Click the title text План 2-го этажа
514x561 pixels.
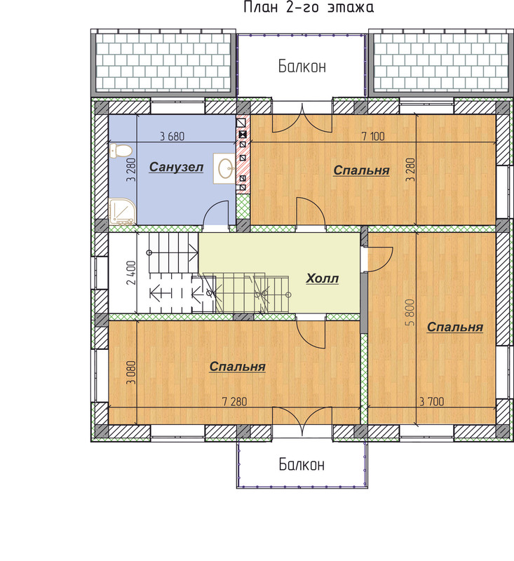coord(309,7)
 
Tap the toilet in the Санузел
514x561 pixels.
coord(121,151)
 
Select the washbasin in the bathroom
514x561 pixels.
coord(224,168)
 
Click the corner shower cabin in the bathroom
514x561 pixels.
coord(122,212)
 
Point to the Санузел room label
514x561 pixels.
coord(176,167)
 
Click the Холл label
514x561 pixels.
coord(322,278)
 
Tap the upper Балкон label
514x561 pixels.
coord(302,67)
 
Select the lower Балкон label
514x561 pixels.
coord(302,464)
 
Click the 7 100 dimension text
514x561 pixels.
coord(373,136)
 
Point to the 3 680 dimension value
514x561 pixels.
coord(173,136)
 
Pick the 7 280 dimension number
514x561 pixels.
coord(235,401)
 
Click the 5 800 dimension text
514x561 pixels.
coord(410,312)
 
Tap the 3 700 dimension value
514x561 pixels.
coord(432,401)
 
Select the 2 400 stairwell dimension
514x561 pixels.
coord(131,273)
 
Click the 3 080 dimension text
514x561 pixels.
coord(131,372)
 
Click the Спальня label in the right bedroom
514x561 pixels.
coord(455,327)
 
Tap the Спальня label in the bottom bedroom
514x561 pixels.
coord(238,366)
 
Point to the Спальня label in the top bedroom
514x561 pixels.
coord(361,170)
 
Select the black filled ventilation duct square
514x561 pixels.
coord(243,135)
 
